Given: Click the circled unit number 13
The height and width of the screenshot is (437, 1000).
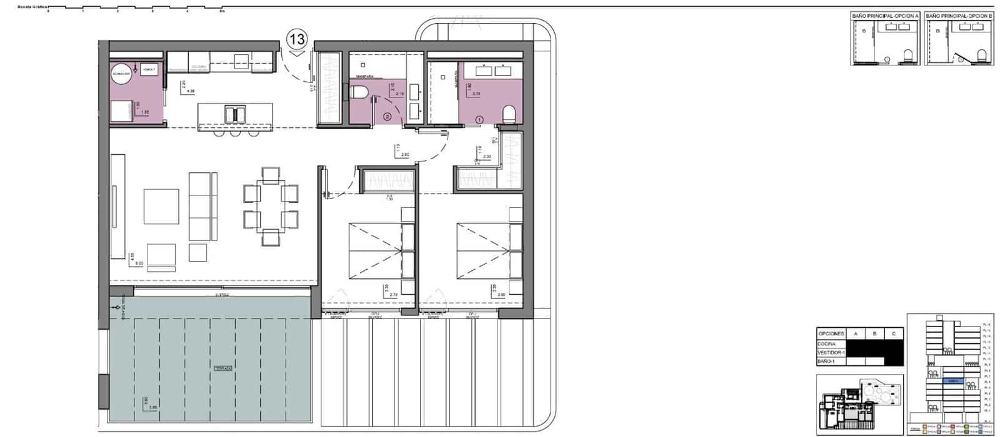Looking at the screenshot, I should click(x=297, y=39).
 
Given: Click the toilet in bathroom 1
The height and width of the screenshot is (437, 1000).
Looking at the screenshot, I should click(x=509, y=114).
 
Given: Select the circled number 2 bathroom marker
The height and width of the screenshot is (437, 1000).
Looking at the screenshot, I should click(x=387, y=116).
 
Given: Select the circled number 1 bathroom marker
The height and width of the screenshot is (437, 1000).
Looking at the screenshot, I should click(x=480, y=118).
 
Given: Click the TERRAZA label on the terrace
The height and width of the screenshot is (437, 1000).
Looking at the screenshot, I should click(x=223, y=369).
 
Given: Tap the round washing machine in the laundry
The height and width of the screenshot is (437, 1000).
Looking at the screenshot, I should click(x=122, y=74).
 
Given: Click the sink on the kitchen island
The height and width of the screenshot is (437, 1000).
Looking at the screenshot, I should click(x=235, y=114).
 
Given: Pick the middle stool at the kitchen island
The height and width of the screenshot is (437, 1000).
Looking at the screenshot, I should click(x=235, y=132).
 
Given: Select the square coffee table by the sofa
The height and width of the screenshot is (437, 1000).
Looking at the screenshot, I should click(x=161, y=207).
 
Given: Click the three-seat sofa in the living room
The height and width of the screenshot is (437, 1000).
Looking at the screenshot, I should click(x=201, y=205).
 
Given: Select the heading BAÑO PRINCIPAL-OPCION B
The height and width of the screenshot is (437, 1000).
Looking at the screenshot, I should click(x=959, y=16).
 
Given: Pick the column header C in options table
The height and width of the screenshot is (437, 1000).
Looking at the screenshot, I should click(x=894, y=334).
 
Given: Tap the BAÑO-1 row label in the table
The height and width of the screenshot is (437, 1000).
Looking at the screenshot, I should click(x=827, y=361).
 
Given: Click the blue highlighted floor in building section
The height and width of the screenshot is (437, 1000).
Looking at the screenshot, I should click(x=952, y=380).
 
